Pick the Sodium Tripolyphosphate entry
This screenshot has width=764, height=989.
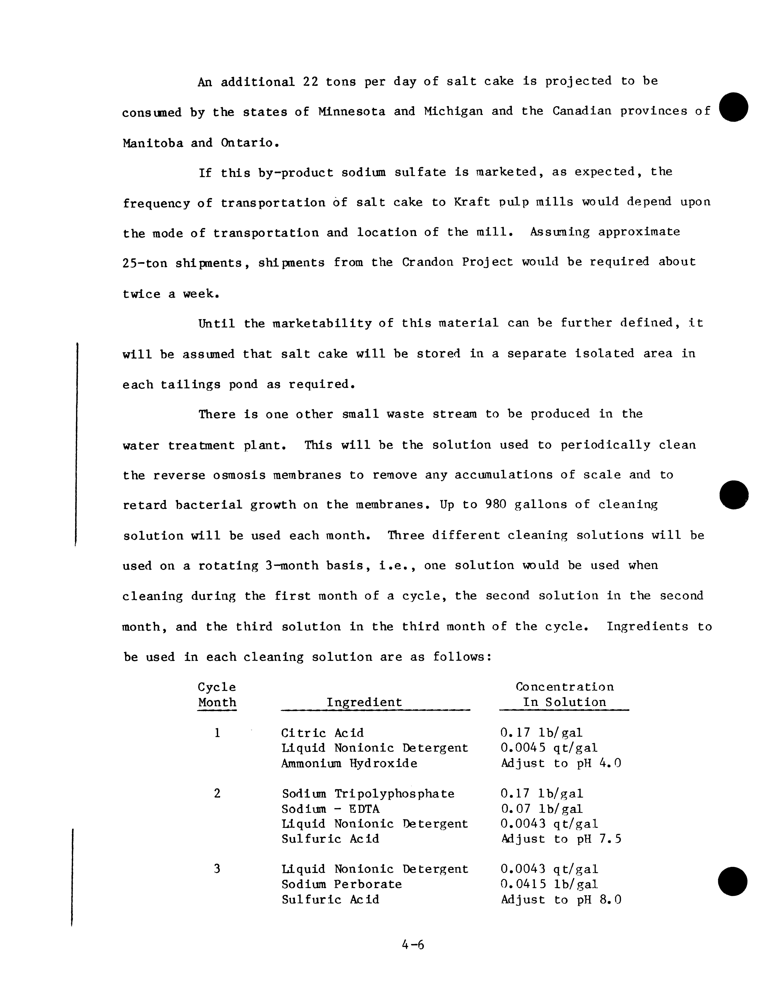click(368, 794)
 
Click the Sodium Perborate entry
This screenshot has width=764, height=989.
click(342, 884)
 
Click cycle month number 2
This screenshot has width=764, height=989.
click(217, 794)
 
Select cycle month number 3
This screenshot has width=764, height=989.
click(217, 869)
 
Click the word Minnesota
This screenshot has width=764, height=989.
click(351, 111)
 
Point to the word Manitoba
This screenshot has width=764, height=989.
click(153, 143)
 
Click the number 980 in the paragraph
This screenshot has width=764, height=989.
click(495, 504)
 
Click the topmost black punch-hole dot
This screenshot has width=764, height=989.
click(733, 107)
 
